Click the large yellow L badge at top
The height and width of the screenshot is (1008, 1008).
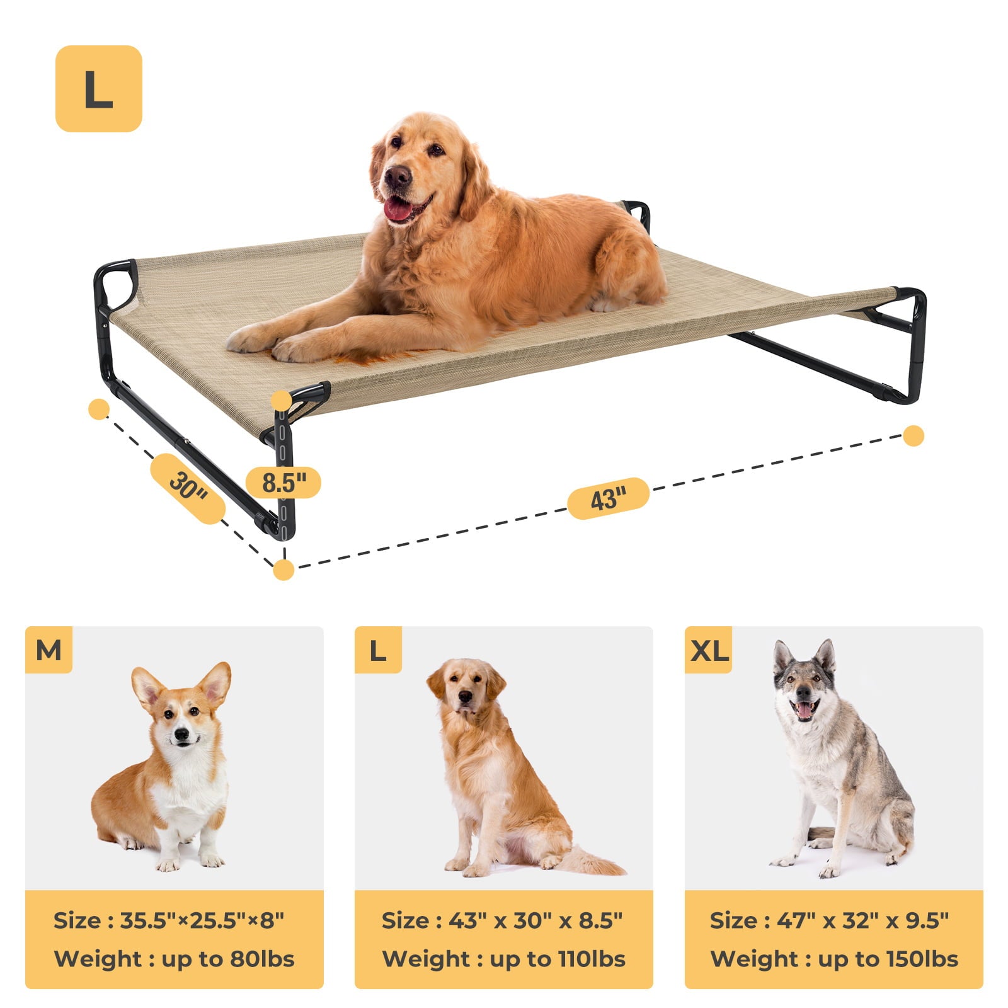tap(99, 89)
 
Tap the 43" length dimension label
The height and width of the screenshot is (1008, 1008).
tap(608, 498)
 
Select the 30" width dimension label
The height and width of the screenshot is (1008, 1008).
tap(188, 488)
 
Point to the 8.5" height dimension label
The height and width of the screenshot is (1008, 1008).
tap(283, 483)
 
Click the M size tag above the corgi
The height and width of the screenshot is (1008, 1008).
tap(49, 650)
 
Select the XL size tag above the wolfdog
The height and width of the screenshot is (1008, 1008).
tap(709, 650)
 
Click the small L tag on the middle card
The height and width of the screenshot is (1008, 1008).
tap(378, 650)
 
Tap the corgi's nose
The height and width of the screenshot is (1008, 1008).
tap(181, 734)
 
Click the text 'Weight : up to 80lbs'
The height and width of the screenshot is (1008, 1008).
tap(175, 959)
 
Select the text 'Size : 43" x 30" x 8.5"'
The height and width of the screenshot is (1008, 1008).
tap(502, 920)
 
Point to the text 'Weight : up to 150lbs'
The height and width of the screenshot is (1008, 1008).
tap(834, 959)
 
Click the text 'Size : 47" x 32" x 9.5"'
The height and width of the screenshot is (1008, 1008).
tap(829, 920)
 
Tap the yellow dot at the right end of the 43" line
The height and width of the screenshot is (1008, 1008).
tap(913, 436)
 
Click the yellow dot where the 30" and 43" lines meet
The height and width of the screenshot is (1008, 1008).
tap(284, 570)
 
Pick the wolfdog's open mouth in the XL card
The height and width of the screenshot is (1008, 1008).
tap(805, 709)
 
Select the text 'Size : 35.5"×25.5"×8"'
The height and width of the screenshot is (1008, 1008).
tap(169, 920)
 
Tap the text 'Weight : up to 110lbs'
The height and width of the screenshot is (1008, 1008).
tap(504, 959)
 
